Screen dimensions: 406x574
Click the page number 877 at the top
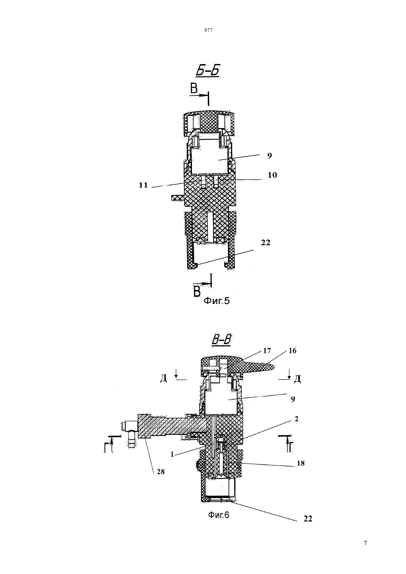click(x=209, y=30)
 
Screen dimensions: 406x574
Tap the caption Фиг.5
click(x=216, y=301)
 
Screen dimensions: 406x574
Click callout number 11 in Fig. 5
click(x=144, y=185)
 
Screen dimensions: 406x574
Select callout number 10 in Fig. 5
click(x=272, y=175)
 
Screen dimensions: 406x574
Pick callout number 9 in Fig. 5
click(x=269, y=156)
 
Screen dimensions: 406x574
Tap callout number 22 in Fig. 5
click(x=265, y=242)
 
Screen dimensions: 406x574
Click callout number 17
click(x=267, y=350)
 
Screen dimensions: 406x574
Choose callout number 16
click(x=292, y=350)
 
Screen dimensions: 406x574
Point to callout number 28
click(x=161, y=471)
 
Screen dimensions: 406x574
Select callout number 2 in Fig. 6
click(x=296, y=419)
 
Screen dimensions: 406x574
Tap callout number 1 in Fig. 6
click(x=172, y=454)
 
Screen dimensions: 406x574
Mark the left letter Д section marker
click(x=164, y=378)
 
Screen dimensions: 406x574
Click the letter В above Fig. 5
click(x=194, y=89)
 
